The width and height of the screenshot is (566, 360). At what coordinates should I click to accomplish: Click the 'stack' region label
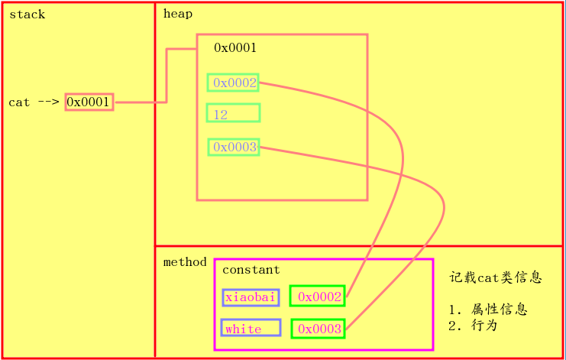pyautogui.click(x=27, y=15)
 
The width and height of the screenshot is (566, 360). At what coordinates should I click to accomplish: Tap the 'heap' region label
pyautogui.click(x=177, y=14)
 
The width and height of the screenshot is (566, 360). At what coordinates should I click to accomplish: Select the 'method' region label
pyautogui.click(x=185, y=262)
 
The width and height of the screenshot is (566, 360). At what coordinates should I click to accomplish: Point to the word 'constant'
pyautogui.click(x=251, y=270)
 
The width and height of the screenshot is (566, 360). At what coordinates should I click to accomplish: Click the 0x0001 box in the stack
pyautogui.click(x=89, y=102)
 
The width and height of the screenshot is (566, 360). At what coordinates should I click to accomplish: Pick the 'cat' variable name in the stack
pyautogui.click(x=19, y=102)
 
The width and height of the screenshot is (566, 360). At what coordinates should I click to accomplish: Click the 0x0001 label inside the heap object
pyautogui.click(x=234, y=48)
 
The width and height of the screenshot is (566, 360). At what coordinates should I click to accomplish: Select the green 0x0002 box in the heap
pyautogui.click(x=233, y=83)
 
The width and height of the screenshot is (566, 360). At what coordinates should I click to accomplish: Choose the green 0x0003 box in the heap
pyautogui.click(x=233, y=147)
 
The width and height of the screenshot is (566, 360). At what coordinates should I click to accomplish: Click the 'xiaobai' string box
pyautogui.click(x=251, y=297)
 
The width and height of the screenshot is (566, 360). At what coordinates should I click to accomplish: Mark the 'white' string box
pyautogui.click(x=251, y=329)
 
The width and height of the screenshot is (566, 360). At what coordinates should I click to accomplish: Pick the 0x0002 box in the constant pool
pyautogui.click(x=317, y=297)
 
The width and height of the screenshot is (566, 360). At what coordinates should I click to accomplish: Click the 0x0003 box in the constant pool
pyautogui.click(x=317, y=329)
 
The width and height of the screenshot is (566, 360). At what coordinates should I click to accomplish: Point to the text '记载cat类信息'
pyautogui.click(x=496, y=278)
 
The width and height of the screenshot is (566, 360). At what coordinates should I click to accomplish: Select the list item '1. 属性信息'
pyautogui.click(x=488, y=310)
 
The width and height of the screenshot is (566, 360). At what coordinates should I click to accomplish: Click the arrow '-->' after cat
pyautogui.click(x=48, y=102)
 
